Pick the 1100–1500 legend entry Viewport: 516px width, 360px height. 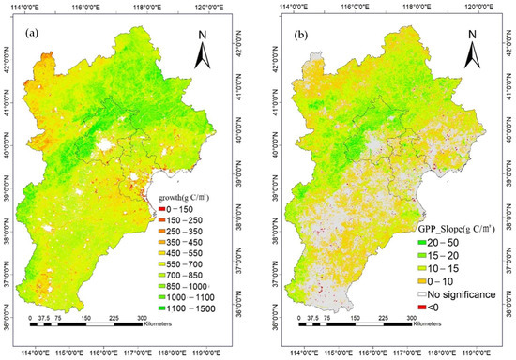point(192,306)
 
